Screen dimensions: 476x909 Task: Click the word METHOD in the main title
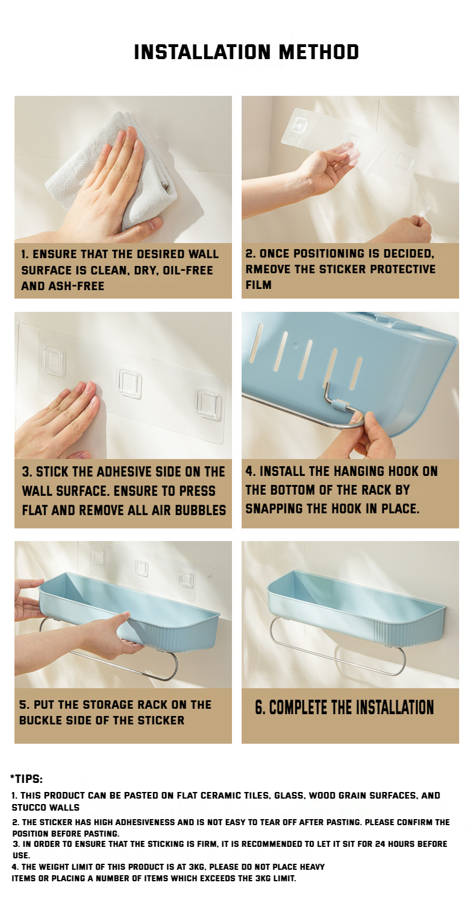coord(319,52)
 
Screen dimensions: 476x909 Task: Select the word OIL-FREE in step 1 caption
coord(188,270)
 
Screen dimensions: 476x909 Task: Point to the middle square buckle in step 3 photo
coord(130,383)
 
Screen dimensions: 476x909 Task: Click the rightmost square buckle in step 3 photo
coord(209,404)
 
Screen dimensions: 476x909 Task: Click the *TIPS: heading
coord(27,779)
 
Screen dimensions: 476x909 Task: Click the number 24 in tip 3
coord(380,844)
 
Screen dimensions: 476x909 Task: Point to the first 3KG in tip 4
coord(196,867)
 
